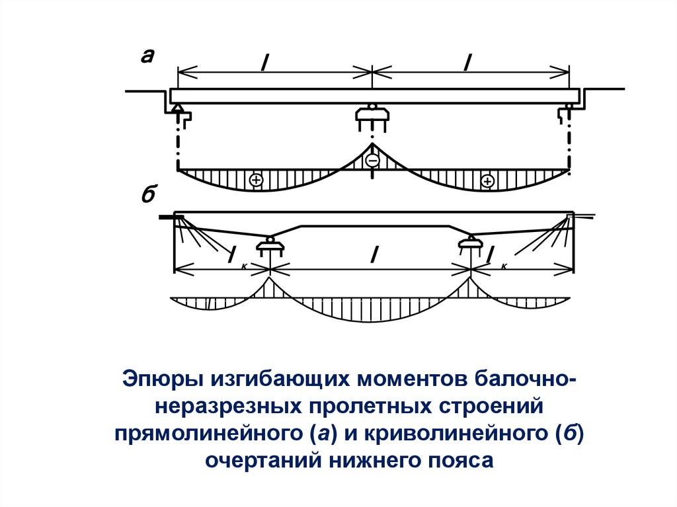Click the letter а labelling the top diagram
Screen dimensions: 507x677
[x=147, y=58]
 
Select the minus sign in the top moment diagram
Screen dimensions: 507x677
[x=372, y=161]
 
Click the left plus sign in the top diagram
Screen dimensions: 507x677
[x=256, y=180]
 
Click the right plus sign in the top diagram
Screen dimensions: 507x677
[x=488, y=180]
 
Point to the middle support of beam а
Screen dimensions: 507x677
[x=372, y=114]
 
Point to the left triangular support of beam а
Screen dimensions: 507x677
[x=178, y=109]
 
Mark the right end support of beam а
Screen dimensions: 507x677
[x=568, y=110]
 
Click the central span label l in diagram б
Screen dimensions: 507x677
[x=374, y=255]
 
